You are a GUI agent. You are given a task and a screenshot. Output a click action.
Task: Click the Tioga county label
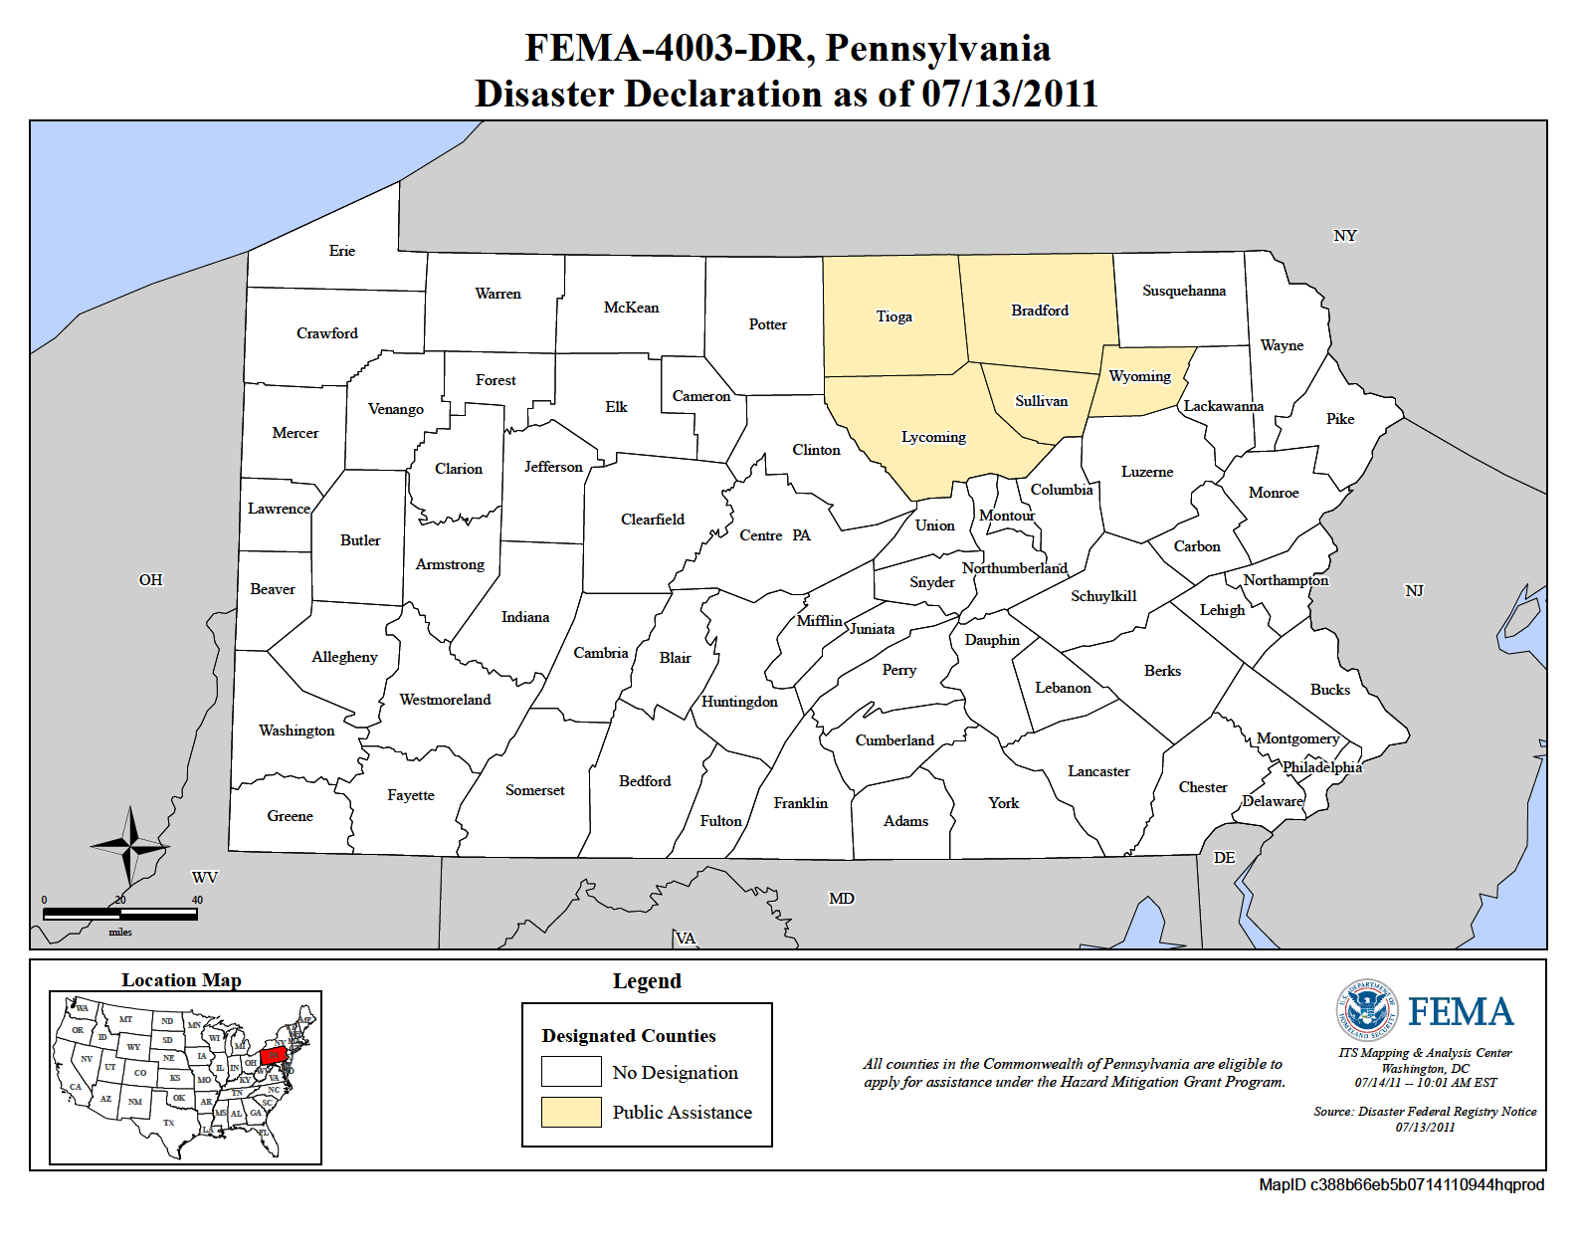(x=893, y=316)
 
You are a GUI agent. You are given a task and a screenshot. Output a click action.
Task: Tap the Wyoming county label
(x=1139, y=376)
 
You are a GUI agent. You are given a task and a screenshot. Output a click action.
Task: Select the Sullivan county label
(x=1041, y=401)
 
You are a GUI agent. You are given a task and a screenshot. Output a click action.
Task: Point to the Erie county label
(x=341, y=251)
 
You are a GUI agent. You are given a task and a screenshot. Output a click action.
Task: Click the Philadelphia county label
(x=1321, y=767)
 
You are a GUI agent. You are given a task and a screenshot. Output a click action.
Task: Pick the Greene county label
(x=290, y=816)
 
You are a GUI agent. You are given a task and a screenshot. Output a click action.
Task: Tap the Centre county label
(x=760, y=535)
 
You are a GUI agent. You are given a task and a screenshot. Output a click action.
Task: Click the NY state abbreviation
(x=1344, y=236)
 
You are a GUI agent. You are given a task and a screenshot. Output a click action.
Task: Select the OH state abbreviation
(x=150, y=580)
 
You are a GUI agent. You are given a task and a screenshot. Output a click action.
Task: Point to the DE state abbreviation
(x=1224, y=858)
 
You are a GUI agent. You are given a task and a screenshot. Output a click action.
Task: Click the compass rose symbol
(x=130, y=846)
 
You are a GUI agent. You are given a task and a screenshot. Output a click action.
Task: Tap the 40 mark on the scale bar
(x=197, y=900)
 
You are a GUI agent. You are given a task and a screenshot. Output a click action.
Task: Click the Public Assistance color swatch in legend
(x=571, y=1112)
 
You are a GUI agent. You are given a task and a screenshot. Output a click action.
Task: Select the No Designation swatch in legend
(x=571, y=1072)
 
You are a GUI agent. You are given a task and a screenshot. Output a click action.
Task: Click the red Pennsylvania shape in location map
(x=274, y=1054)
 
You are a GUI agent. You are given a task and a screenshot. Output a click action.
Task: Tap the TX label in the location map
(x=168, y=1123)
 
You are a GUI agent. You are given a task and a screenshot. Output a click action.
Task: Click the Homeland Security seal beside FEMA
(x=1366, y=1009)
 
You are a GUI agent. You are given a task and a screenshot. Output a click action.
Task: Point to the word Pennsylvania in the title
(x=937, y=48)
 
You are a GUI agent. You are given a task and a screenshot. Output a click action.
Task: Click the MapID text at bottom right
(x=1401, y=1184)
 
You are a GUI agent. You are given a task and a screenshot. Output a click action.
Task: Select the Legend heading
(x=647, y=981)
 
